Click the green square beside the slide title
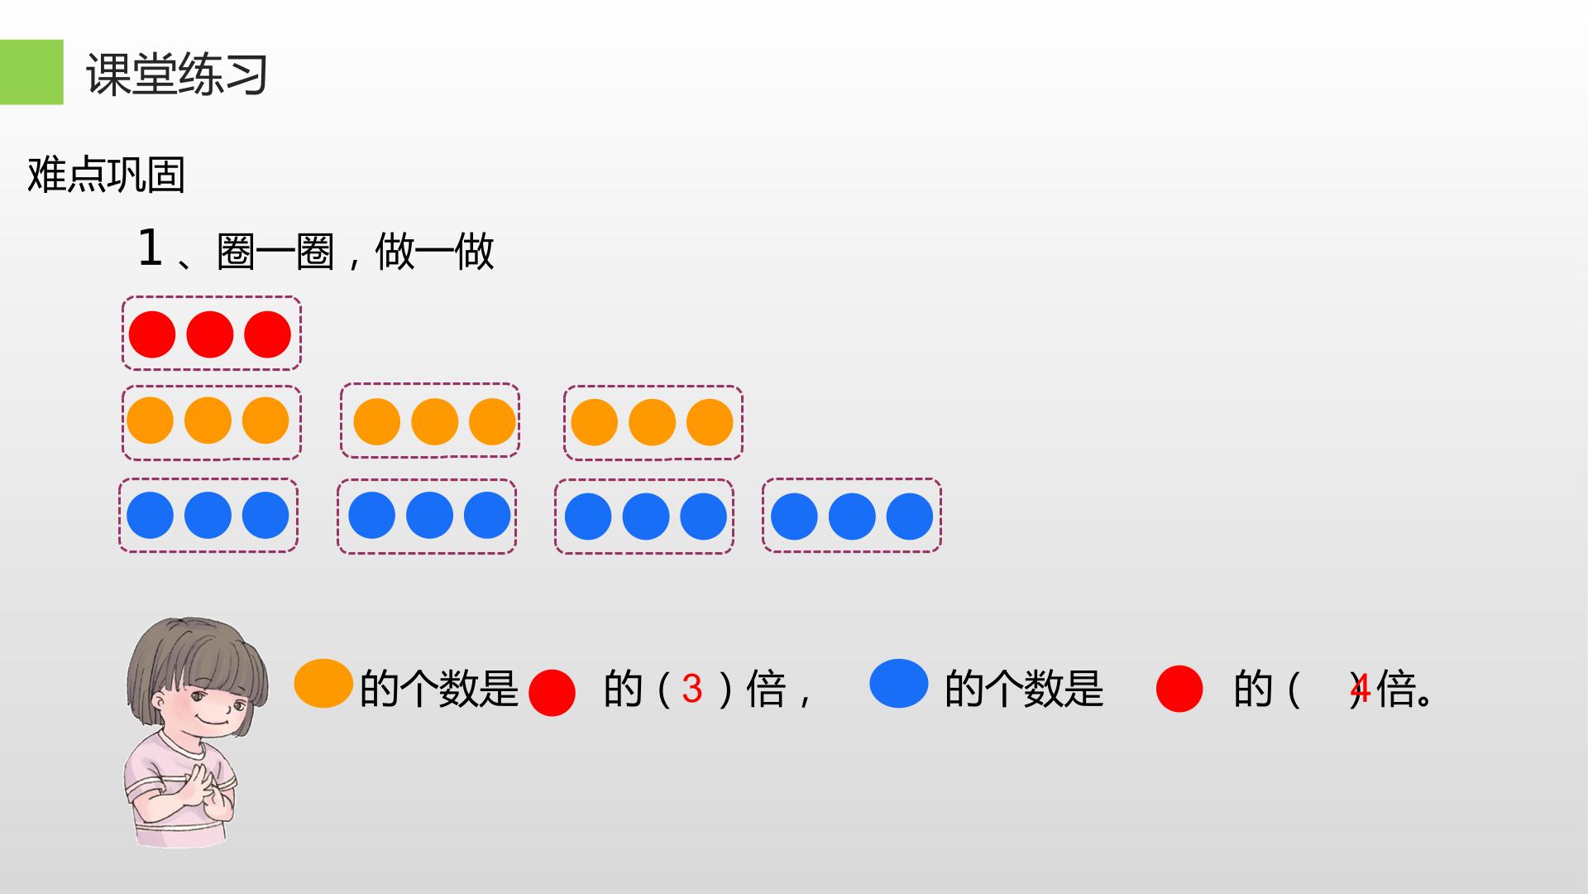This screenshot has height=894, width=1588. [31, 72]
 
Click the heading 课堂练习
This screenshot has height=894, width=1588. [177, 74]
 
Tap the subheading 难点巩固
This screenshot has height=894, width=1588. [106, 175]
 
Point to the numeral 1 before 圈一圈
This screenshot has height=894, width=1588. [150, 248]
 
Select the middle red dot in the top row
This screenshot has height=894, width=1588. [210, 334]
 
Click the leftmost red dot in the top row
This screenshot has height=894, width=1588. [152, 334]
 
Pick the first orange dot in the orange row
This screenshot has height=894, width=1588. [150, 421]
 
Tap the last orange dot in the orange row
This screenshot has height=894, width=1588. [710, 422]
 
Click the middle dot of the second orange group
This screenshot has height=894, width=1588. [434, 422]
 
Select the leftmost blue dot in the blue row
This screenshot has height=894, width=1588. [150, 515]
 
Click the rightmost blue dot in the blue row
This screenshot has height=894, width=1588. [910, 517]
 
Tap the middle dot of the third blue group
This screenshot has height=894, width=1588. [646, 517]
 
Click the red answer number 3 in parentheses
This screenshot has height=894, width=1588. [692, 689]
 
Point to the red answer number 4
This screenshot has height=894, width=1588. [1361, 688]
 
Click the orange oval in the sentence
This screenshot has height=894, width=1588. [324, 684]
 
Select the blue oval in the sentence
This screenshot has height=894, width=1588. [899, 684]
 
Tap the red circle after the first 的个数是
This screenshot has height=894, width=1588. [552, 692]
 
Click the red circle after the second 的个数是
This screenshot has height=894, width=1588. [1179, 689]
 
